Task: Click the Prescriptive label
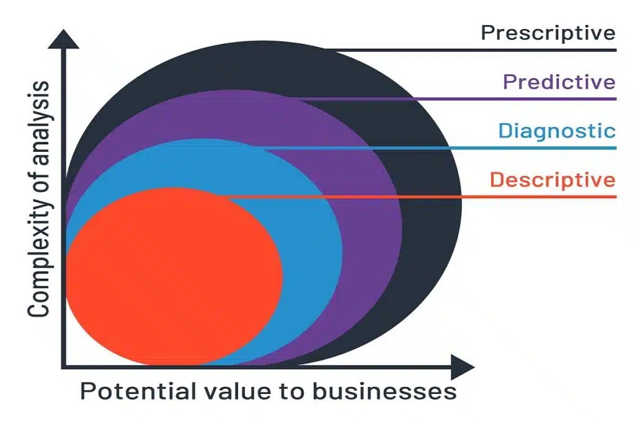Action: click(548, 33)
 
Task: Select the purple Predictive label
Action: click(559, 82)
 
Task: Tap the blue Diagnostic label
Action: click(557, 131)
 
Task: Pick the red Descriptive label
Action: click(553, 180)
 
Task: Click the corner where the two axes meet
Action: click(63, 367)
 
